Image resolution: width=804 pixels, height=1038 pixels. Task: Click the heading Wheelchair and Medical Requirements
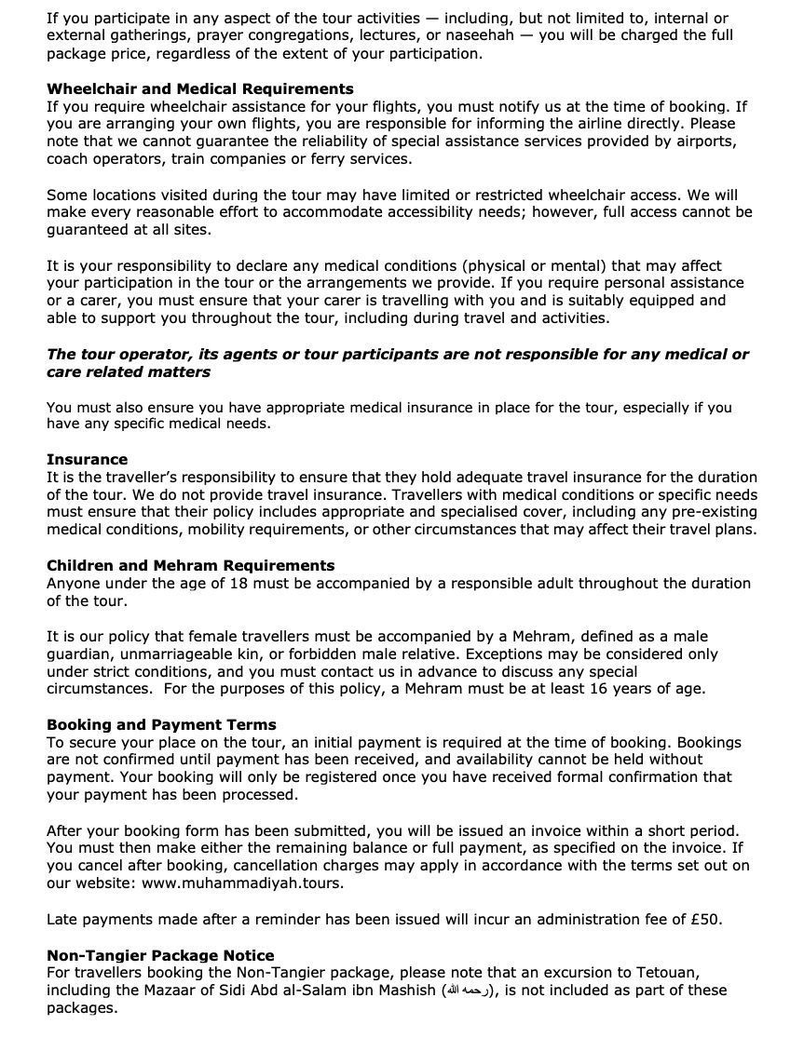199,89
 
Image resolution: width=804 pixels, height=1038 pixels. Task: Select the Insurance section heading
87,459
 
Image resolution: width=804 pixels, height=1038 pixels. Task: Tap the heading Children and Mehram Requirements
190,565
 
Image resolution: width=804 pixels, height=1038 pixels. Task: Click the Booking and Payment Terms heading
161,724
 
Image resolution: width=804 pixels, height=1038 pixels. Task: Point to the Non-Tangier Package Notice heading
160,955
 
